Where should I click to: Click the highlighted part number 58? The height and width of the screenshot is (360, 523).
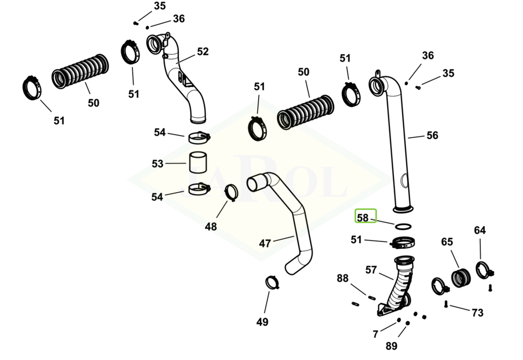tap(363, 218)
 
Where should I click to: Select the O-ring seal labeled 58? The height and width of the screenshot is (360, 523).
tap(403, 226)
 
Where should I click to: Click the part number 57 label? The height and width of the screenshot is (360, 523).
tap(371, 270)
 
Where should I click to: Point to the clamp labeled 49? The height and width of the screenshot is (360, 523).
tap(272, 282)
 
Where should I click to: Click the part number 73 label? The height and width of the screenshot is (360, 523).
tap(477, 313)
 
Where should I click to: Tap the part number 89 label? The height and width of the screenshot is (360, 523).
tap(391, 346)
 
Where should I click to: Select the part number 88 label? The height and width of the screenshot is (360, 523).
tap(343, 278)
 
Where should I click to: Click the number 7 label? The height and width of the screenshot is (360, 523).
tap(375, 334)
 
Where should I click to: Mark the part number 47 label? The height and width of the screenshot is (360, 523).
tap(265, 243)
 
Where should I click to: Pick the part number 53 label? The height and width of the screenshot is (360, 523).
tap(158, 164)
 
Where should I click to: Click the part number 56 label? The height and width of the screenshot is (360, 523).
tap(432, 135)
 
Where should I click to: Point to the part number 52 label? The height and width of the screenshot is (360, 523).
tap(202, 51)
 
